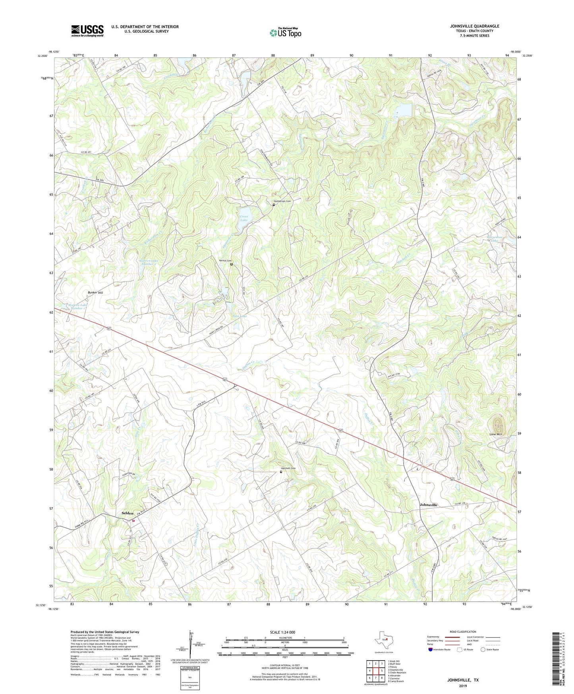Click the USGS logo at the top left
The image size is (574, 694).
87,31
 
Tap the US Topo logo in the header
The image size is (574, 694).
285,33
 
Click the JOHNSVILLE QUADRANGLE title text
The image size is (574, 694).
474,26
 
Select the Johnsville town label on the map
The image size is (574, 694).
428,505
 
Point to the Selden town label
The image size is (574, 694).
127,513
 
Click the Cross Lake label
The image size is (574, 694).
244,218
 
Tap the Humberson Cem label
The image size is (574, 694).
282,201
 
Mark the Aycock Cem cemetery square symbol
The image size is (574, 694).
232,264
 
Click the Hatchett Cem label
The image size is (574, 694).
288,468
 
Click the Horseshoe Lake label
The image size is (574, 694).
494,238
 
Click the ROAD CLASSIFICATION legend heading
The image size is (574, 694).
462,632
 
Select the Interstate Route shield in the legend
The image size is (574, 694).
430,649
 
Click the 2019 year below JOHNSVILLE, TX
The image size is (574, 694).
463,686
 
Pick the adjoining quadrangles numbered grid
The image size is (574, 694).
375,671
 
